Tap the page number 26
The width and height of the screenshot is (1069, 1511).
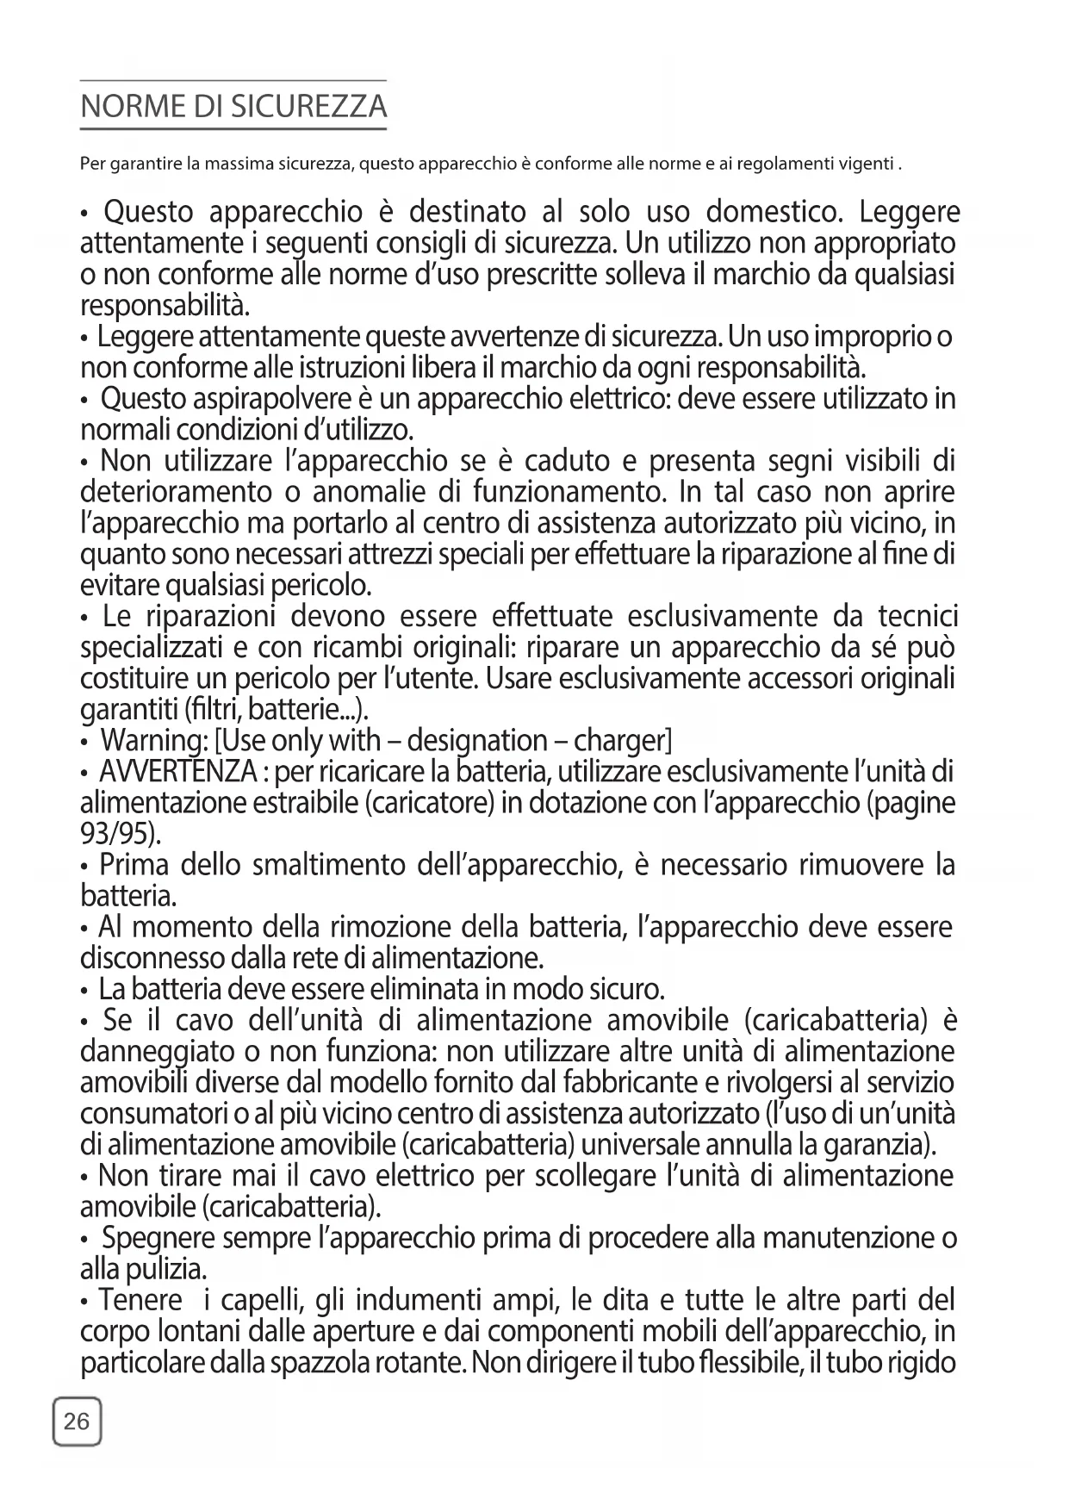77,1421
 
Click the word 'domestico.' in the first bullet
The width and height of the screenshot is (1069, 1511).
770,212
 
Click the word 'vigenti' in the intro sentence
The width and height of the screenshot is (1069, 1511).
864,163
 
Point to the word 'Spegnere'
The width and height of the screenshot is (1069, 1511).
158,1239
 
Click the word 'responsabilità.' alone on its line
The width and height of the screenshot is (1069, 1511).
165,306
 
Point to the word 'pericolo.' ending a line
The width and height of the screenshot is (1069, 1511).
321,587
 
